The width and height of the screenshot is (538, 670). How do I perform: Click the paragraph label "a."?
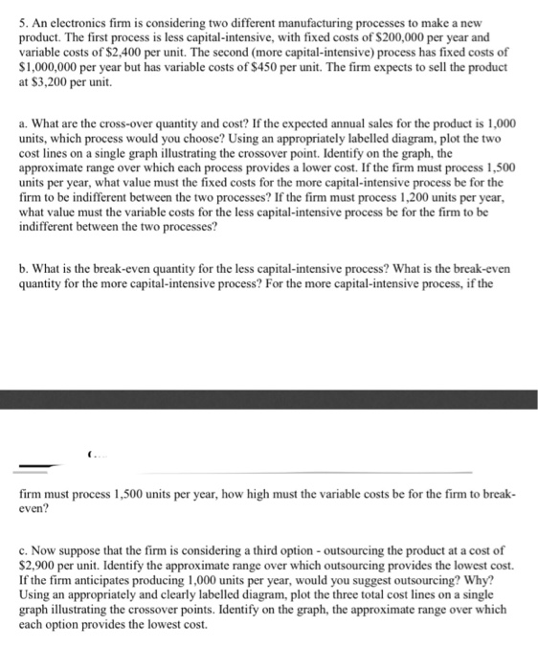[x=24, y=124]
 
